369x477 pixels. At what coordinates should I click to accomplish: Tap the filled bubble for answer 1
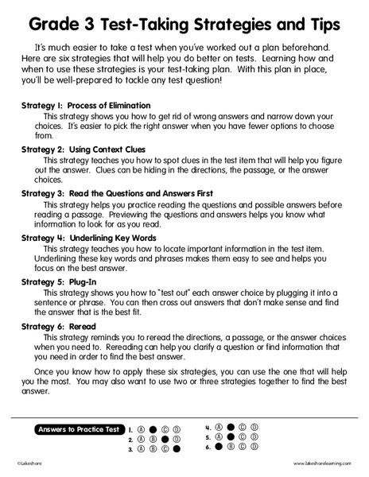[153, 429]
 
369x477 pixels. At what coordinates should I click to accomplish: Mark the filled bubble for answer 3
[177, 449]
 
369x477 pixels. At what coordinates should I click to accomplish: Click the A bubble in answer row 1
[141, 429]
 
